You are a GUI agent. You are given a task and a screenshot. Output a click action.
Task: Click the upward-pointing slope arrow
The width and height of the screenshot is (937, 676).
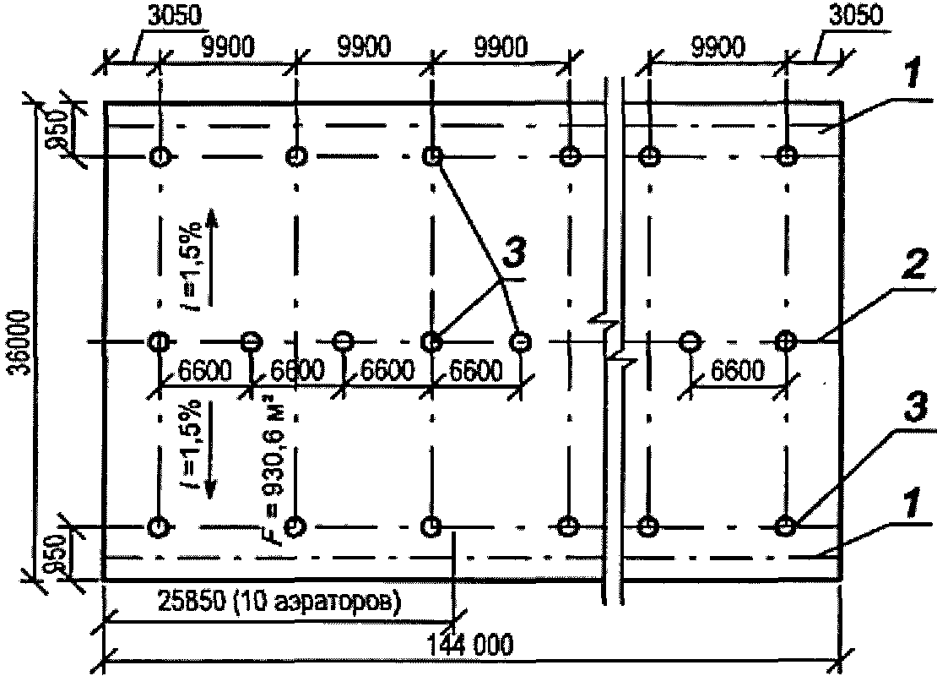[x=211, y=253]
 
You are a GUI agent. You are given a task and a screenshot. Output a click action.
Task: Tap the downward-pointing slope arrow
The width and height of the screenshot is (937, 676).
[x=211, y=456]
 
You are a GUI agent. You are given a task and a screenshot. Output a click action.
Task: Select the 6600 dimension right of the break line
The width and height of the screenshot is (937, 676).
[x=738, y=370]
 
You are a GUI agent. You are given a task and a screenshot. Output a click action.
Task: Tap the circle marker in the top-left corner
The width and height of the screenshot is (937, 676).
[x=159, y=156]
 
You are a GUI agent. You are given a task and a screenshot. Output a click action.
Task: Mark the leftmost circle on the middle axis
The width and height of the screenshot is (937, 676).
[x=159, y=341]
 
